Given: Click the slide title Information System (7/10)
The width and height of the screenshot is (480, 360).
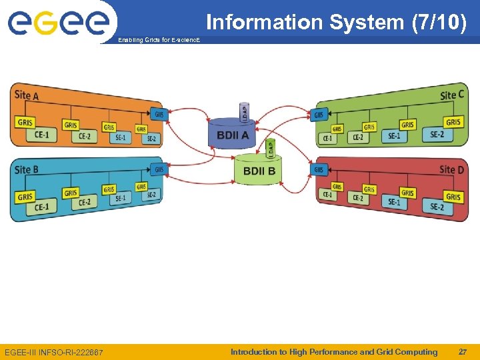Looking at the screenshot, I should click(x=336, y=22).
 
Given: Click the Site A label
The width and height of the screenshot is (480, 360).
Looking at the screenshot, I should click(x=27, y=95).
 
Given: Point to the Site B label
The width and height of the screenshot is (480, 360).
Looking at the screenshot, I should click(x=27, y=169).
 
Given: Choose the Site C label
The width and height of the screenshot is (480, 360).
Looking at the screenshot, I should click(x=452, y=95).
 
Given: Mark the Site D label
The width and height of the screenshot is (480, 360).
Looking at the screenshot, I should click(x=452, y=169).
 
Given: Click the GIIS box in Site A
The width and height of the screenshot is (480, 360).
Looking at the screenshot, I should click(x=159, y=114).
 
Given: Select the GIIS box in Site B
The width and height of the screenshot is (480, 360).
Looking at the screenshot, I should click(x=159, y=170).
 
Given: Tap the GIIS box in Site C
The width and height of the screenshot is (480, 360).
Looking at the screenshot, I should click(x=320, y=115).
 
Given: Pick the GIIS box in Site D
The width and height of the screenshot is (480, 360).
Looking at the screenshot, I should click(x=320, y=170).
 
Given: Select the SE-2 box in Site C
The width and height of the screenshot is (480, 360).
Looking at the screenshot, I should click(x=437, y=135).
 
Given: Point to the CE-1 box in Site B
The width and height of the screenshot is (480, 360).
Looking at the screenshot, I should click(x=41, y=207).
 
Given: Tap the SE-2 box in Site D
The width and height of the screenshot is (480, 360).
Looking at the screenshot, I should click(x=437, y=207).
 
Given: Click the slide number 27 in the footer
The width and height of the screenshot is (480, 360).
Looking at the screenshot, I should click(x=463, y=352).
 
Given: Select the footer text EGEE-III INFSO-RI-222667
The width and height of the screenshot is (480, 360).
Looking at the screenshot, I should click(x=54, y=352).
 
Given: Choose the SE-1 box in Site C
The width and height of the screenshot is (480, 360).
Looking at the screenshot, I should click(x=395, y=136).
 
